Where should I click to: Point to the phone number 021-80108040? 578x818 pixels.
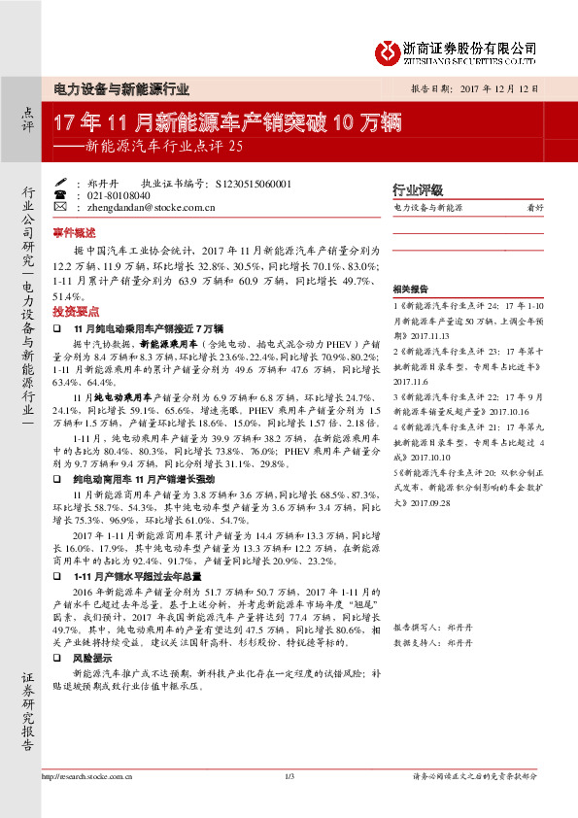coord(115,195)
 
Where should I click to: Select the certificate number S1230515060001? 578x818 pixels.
coord(249,183)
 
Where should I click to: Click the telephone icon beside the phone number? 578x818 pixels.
coord(60,194)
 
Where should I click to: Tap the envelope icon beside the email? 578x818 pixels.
coord(60,207)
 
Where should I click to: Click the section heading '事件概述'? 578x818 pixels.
coord(74,233)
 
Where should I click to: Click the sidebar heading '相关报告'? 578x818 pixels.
coord(409,290)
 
